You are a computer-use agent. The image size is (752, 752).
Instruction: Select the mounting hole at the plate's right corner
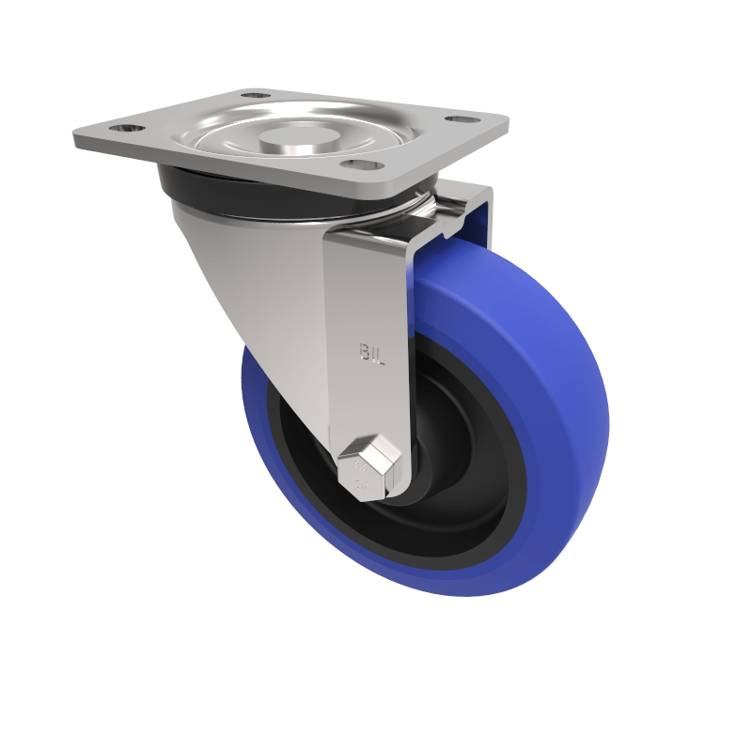[x=458, y=120]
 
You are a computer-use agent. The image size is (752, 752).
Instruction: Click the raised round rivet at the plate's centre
[x=287, y=137]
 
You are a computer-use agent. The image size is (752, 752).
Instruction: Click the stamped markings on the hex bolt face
[x=361, y=475]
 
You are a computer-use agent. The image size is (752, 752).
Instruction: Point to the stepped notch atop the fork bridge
[x=442, y=221]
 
